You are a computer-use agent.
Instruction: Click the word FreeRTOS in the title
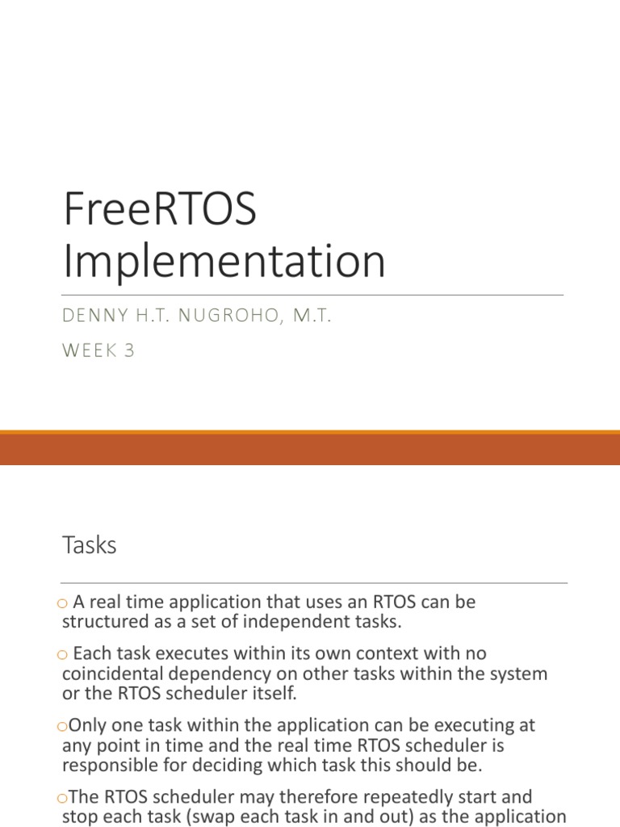click(x=159, y=210)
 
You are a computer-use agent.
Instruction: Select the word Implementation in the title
click(x=224, y=261)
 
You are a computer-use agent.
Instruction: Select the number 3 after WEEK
click(x=129, y=351)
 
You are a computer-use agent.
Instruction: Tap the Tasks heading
click(x=90, y=545)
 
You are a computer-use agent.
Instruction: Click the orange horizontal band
click(x=310, y=448)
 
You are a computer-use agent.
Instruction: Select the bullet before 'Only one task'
click(x=63, y=727)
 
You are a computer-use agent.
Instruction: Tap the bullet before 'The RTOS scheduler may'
click(x=63, y=799)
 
